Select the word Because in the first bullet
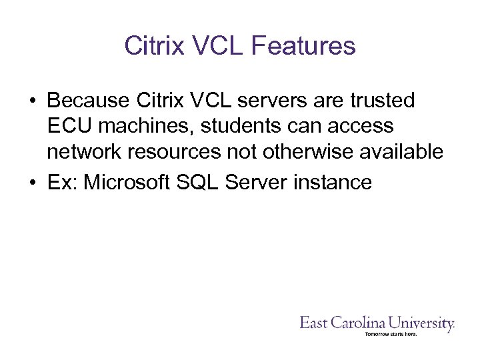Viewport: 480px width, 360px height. [89, 101]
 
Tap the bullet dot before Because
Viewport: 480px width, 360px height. [32, 101]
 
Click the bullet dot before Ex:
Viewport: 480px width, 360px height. [32, 182]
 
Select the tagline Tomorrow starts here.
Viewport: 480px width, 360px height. [391, 334]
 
